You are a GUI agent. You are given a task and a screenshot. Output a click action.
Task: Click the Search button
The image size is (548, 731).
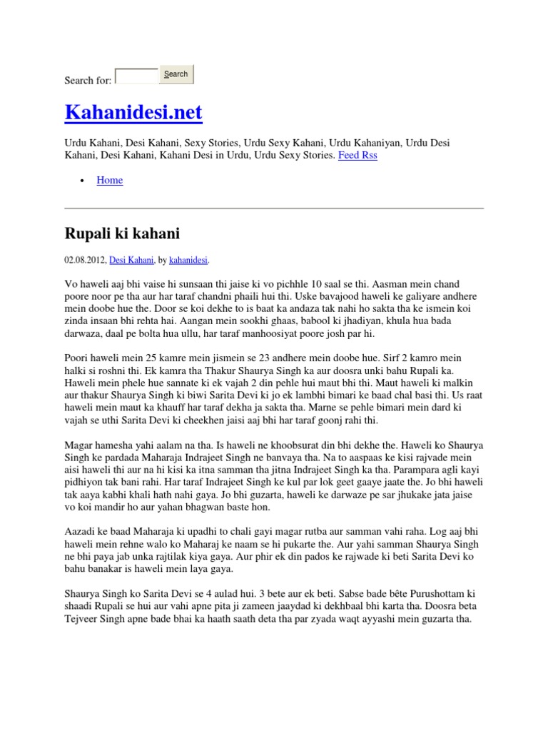click(x=176, y=74)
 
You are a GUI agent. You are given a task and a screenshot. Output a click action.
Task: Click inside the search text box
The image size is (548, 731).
click(x=136, y=76)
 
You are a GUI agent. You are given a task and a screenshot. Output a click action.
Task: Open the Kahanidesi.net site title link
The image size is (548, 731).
click(x=133, y=112)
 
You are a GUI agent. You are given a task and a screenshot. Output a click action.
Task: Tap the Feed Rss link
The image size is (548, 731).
click(x=357, y=155)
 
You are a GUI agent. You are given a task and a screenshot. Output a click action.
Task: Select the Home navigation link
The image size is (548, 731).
click(x=110, y=180)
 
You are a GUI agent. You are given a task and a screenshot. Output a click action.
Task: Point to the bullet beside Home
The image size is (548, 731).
click(x=83, y=181)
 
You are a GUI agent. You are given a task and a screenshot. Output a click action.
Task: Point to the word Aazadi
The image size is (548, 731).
click(x=80, y=532)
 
